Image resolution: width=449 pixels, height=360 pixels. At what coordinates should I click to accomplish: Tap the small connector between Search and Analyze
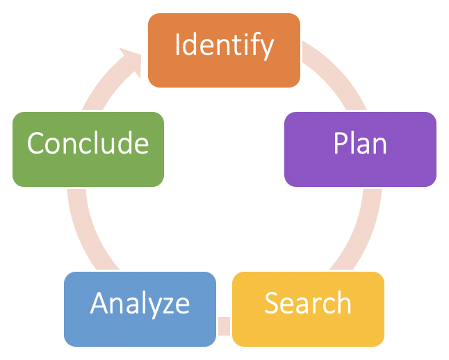[224, 325]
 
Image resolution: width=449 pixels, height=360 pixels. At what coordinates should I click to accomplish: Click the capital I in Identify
[178, 45]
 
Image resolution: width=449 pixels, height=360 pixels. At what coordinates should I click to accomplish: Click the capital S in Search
[271, 303]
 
